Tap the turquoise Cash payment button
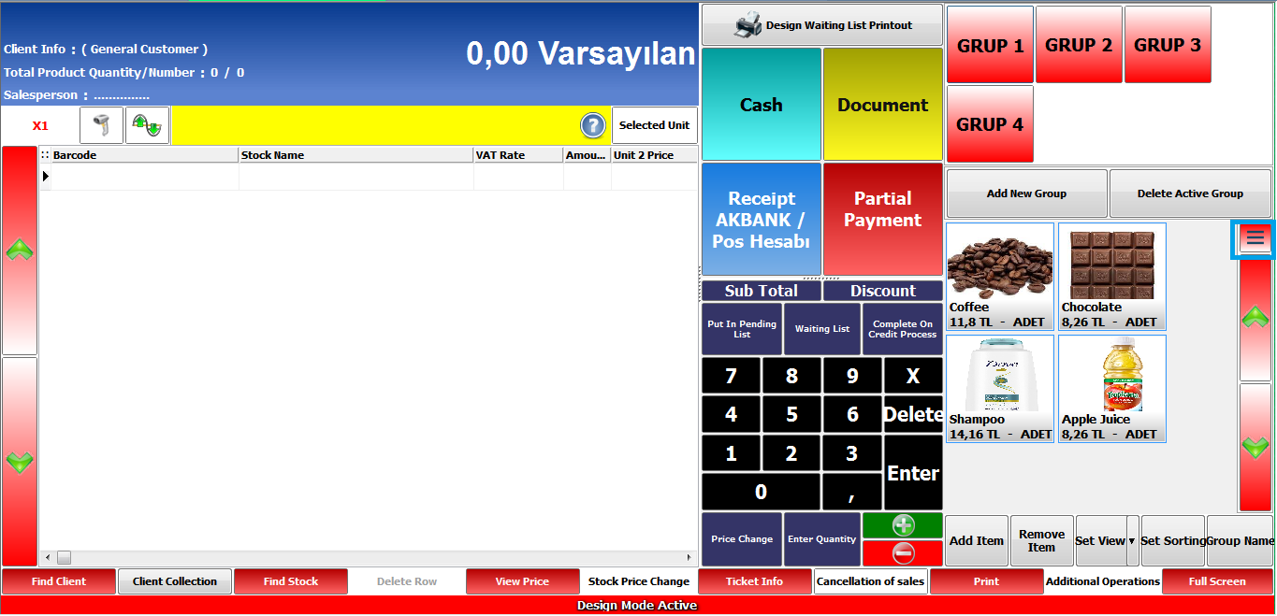pos(762,105)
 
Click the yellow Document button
pos(882,105)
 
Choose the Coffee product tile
pos(1000,277)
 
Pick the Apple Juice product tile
pos(1112,389)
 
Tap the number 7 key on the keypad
pos(731,376)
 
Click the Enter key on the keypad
pos(913,473)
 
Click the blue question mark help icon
pos(593,125)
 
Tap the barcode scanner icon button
pos(101,125)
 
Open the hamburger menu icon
pos(1255,238)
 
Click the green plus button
pos(903,525)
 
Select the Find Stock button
pos(291,581)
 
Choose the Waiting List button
pos(822,329)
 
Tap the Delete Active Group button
pos(1190,193)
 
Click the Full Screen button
pos(1217,581)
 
